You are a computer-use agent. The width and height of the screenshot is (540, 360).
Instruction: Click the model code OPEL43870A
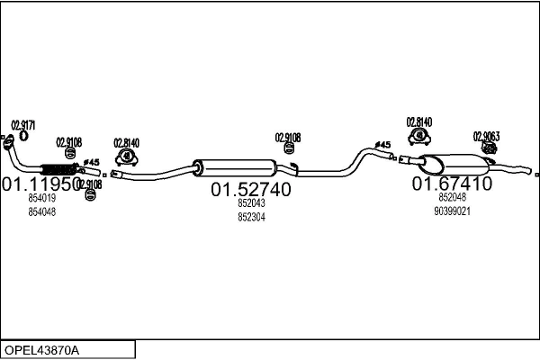41,349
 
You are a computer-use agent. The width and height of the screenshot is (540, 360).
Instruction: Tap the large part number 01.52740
251,190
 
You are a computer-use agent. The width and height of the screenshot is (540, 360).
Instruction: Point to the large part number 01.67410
452,184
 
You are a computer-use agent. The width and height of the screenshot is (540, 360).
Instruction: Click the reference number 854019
41,198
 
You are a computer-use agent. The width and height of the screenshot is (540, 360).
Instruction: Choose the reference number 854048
41,211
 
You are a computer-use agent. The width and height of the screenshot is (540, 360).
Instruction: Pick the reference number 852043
251,203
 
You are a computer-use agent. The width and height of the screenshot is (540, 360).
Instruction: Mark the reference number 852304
251,217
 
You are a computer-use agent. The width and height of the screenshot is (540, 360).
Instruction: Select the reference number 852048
452,197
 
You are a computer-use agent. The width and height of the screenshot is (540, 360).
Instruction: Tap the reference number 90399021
452,211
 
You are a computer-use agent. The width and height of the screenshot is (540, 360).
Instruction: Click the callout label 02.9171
22,125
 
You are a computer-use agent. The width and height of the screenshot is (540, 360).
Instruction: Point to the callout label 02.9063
486,137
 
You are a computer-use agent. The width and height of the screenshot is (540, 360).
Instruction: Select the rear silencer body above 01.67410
454,164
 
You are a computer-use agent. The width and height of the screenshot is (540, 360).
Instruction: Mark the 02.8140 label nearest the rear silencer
418,121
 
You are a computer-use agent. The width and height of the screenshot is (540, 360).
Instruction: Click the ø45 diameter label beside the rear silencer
382,145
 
